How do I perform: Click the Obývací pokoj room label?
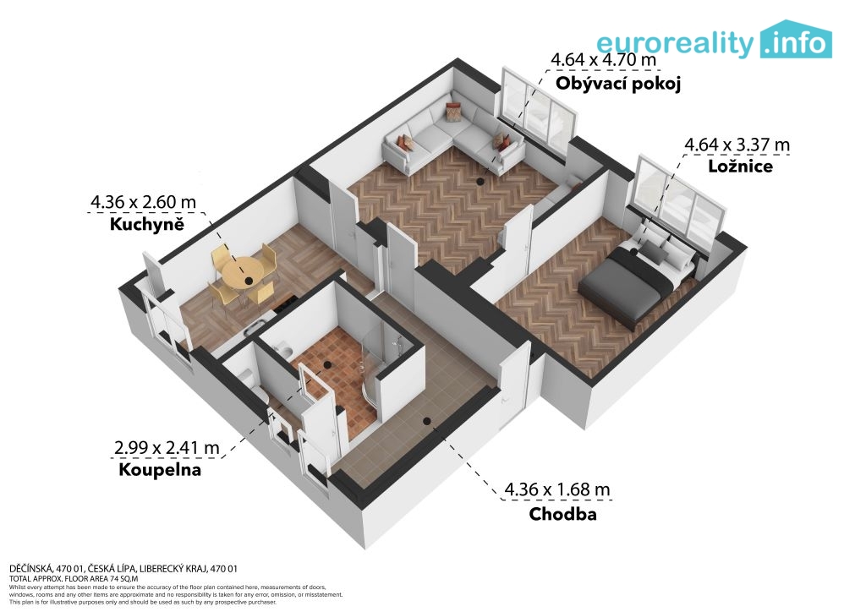coord(618,84)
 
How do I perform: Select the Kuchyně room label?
coord(147,224)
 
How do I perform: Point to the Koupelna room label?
coord(160,470)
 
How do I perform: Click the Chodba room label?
coord(562,514)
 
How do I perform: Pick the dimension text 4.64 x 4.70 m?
coord(604,60)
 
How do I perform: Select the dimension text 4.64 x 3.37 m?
coord(737,145)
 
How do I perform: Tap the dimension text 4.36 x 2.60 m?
coord(143,202)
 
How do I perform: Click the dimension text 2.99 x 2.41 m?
coord(167,447)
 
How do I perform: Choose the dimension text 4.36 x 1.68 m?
coord(557,489)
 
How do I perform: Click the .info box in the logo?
coord(796,40)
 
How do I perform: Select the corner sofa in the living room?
coord(454,135)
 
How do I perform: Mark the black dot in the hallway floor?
coord(426,421)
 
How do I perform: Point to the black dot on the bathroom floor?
coord(327,365)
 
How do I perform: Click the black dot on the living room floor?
coord(480,181)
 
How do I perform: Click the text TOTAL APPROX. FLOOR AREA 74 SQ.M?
coord(74,579)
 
